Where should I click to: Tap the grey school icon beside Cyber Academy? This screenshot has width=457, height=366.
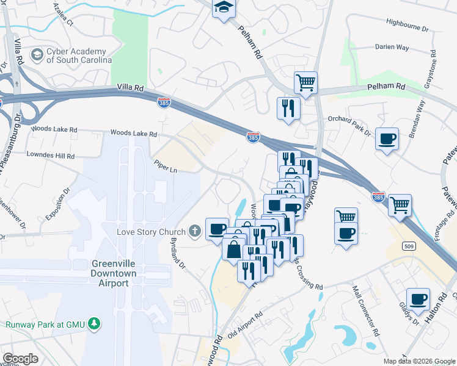point(38,55)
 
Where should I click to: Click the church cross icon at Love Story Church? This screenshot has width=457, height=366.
point(194,231)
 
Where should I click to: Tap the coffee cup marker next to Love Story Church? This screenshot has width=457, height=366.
point(217,229)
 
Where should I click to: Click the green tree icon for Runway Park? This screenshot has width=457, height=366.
point(93,322)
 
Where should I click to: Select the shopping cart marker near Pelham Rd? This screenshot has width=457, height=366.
point(305,81)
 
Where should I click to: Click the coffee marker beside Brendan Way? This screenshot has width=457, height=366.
point(387,138)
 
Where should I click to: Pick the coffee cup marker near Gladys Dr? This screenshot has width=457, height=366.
point(419,299)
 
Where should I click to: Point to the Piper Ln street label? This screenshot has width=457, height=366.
point(166,165)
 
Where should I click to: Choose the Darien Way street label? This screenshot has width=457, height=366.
point(392,46)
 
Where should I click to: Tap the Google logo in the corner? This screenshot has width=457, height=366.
point(20,359)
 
